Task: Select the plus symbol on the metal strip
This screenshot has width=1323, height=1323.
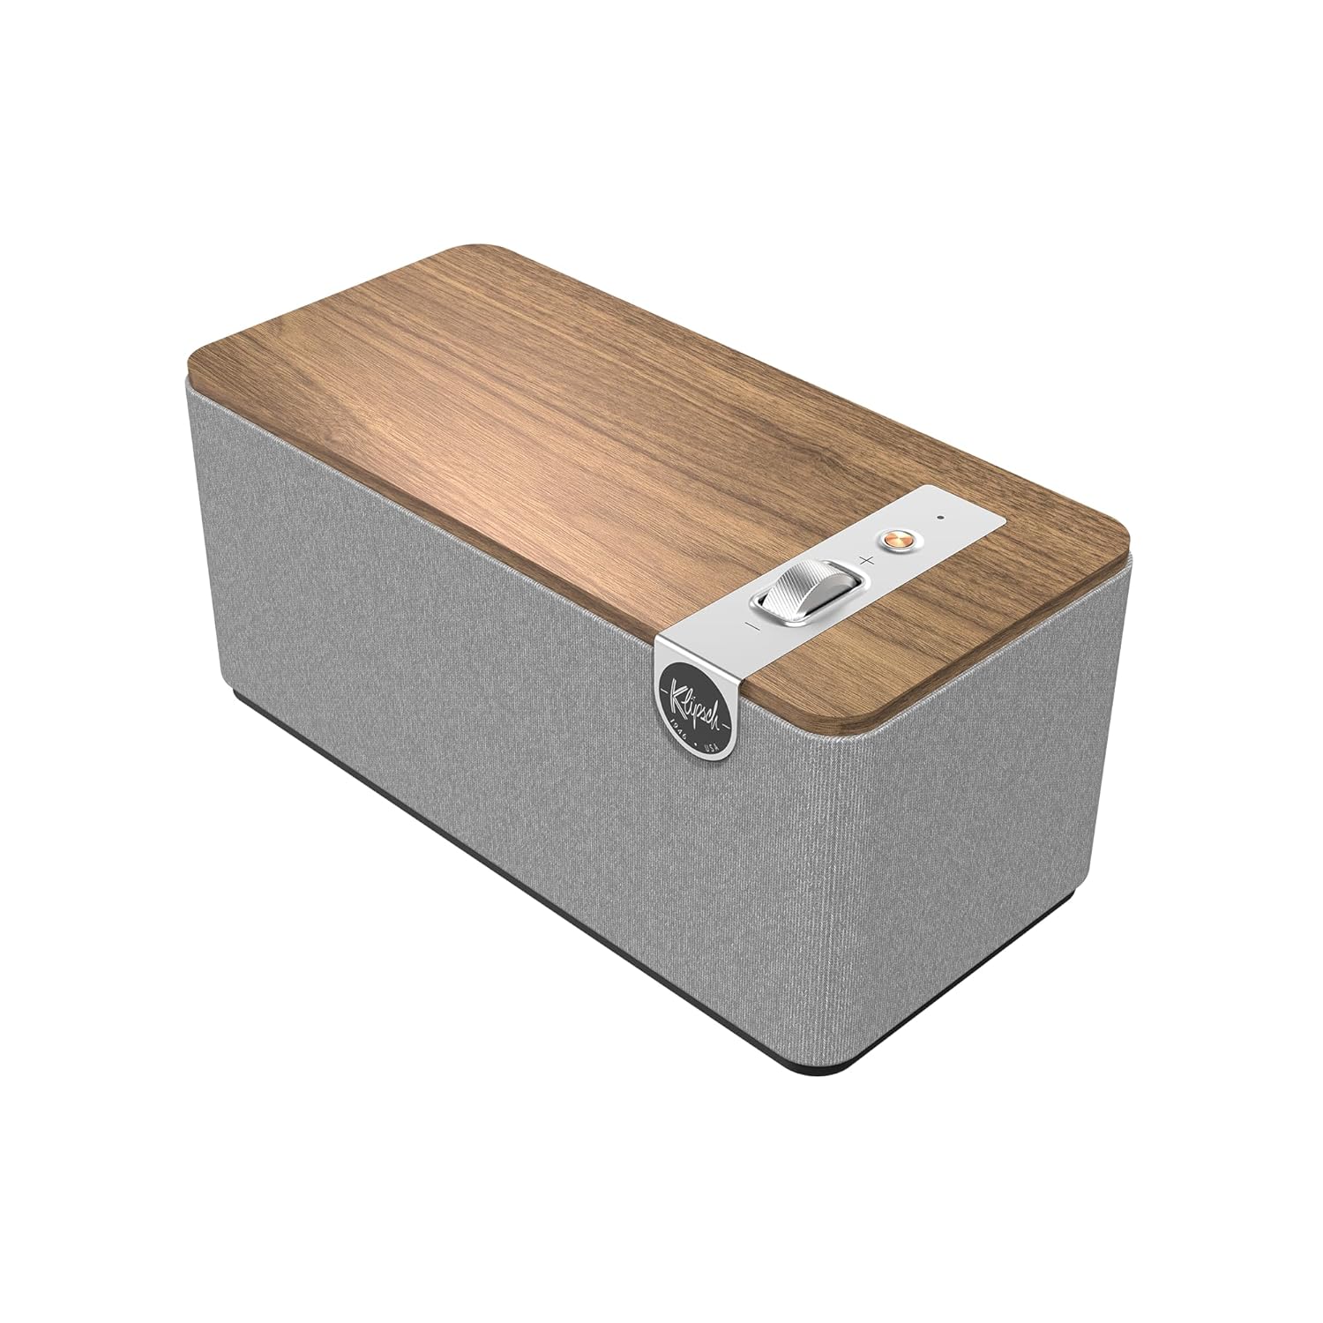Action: click(x=866, y=560)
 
